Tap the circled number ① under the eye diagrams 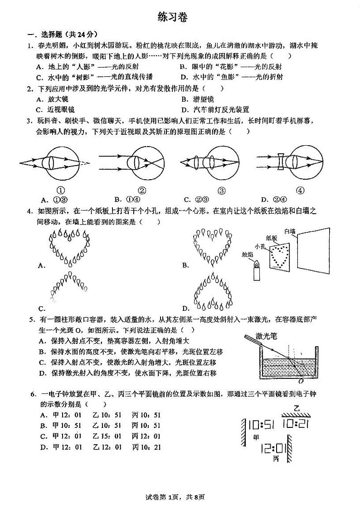60,191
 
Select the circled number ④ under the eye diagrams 299,191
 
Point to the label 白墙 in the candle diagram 290,231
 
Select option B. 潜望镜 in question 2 197,99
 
